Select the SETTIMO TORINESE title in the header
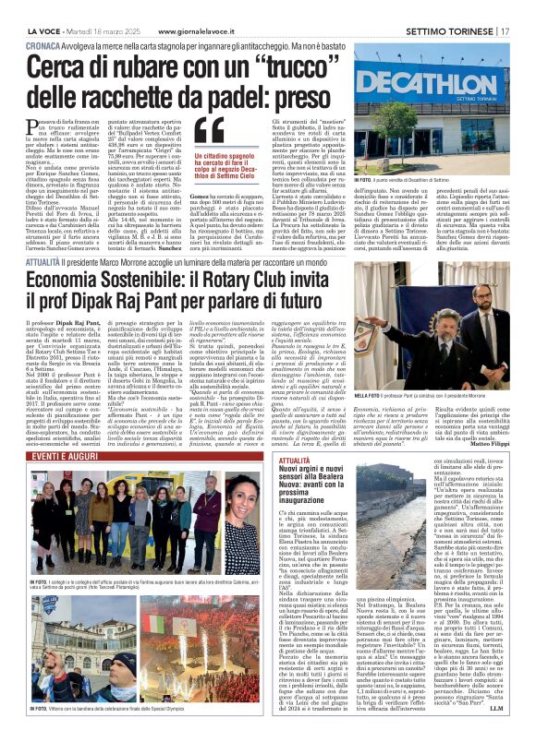point(453,8)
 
